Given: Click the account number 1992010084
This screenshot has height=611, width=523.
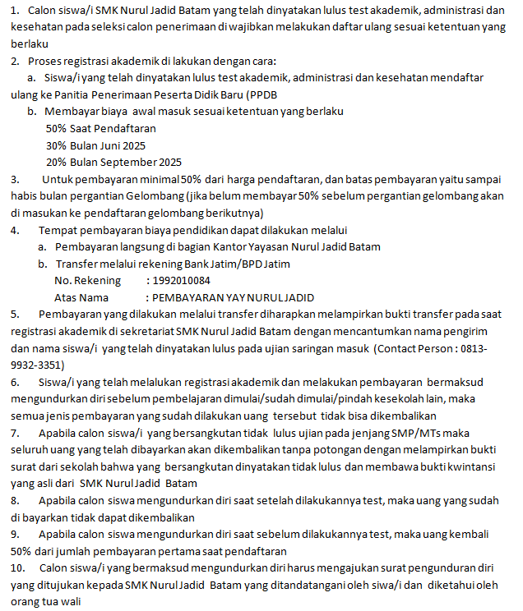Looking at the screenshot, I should (x=178, y=281).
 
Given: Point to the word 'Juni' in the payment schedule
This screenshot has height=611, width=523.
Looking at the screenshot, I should (x=111, y=145).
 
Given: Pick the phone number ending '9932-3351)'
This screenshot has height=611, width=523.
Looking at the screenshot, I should (x=37, y=365).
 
